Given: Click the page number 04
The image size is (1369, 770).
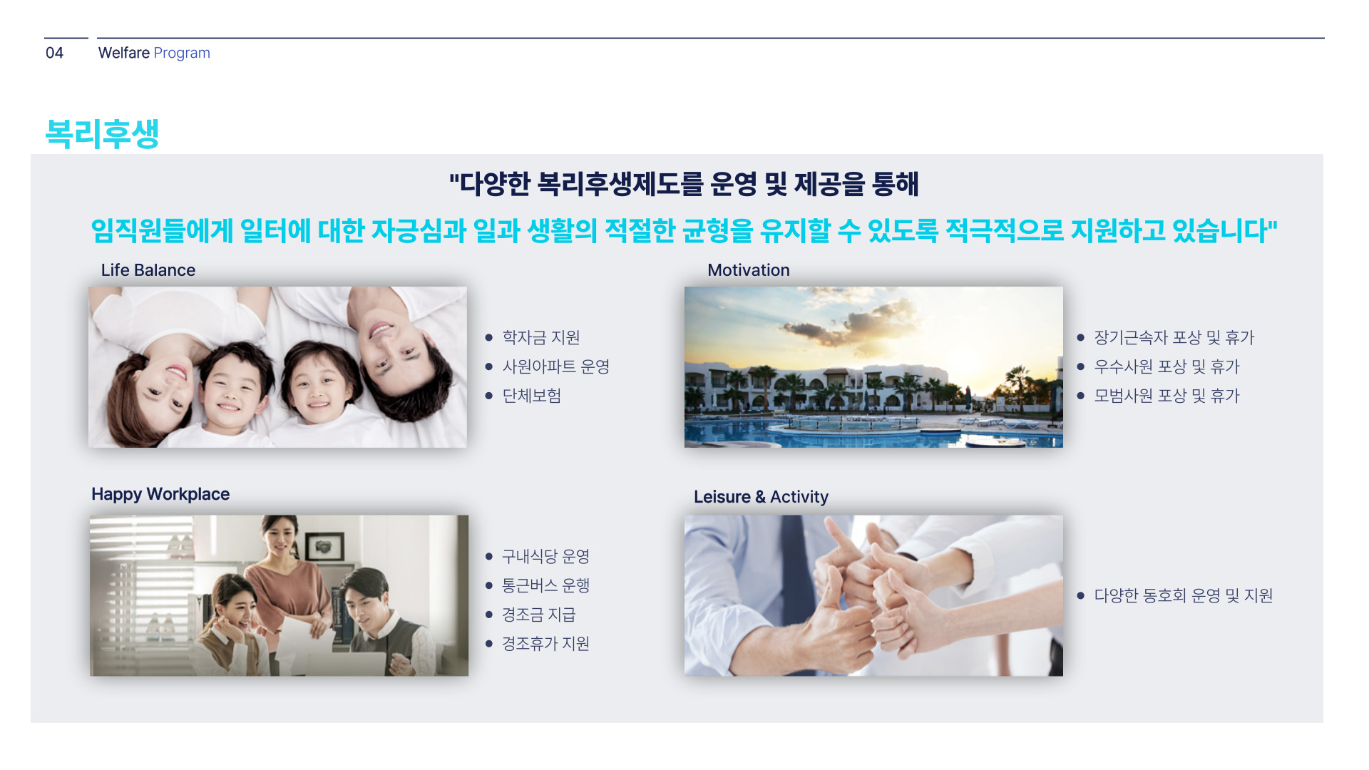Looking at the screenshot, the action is coord(54,53).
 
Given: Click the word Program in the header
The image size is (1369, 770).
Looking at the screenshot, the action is coord(182,53).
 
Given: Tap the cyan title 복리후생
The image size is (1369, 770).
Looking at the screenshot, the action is coord(102,133).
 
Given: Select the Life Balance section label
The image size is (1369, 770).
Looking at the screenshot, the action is coord(148,270).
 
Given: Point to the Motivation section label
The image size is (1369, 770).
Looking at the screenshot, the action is coord(749,270).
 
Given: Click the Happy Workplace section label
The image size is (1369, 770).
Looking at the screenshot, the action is coord(160,494).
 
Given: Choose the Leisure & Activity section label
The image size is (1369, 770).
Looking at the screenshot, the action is coord(762,497).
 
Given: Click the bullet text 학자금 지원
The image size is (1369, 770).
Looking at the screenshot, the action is coord(541,337).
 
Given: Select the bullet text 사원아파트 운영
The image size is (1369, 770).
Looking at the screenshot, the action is coord(556,366).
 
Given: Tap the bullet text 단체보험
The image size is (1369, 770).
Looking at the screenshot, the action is coord(532,396).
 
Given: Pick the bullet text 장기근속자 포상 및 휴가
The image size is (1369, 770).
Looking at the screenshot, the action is coord(1174,337).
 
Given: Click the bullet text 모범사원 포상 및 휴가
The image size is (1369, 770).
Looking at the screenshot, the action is coord(1167,396).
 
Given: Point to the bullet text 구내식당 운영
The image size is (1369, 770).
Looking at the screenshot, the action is coord(545,556).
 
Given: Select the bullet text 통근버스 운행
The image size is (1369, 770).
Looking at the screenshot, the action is coord(545,585).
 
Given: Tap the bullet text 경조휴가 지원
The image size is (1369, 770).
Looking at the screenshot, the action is coord(545,644).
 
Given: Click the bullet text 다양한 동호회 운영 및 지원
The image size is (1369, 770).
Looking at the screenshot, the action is coord(1184,595).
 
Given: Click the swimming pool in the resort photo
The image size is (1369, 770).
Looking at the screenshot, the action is coord(873,432).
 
